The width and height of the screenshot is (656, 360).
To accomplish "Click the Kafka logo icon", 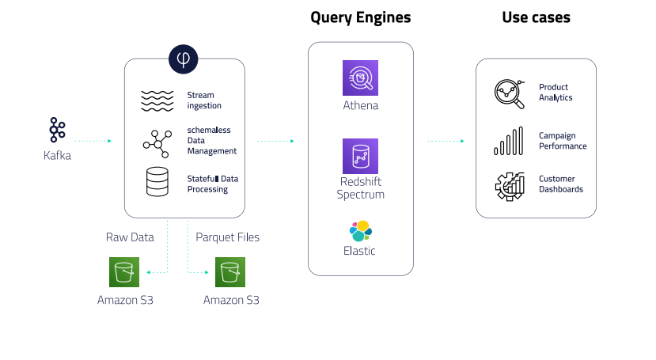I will (x=56, y=131).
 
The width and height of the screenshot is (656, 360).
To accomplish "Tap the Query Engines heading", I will (x=360, y=17).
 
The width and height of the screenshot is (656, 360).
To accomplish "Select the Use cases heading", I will (x=536, y=17).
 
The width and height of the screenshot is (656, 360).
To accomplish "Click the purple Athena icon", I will (x=360, y=78).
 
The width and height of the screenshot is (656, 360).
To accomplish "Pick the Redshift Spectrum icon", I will (x=360, y=156).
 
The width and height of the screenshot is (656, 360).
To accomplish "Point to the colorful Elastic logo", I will (x=361, y=231).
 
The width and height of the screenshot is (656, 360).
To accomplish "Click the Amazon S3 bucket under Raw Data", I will (x=125, y=273).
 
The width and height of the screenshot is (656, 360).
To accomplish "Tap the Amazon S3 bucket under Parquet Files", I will (x=230, y=273).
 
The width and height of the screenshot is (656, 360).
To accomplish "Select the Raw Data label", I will (x=130, y=237).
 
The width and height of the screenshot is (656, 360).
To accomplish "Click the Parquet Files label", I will (x=227, y=237).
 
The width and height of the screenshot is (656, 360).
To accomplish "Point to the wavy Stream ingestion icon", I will (x=157, y=100).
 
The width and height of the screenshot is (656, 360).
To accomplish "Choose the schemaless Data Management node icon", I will (x=157, y=141).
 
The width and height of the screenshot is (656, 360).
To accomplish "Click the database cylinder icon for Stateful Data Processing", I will (x=157, y=182).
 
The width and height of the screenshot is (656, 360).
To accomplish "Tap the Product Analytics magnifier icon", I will (x=508, y=93).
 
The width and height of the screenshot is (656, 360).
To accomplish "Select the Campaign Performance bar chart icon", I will (x=508, y=142).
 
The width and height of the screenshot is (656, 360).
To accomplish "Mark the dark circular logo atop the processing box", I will (x=184, y=59).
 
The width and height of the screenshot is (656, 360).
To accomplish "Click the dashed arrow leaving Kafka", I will (x=93, y=141).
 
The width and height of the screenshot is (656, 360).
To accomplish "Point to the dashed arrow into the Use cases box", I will (x=446, y=141).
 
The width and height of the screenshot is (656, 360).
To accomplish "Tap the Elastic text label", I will (x=361, y=251).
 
